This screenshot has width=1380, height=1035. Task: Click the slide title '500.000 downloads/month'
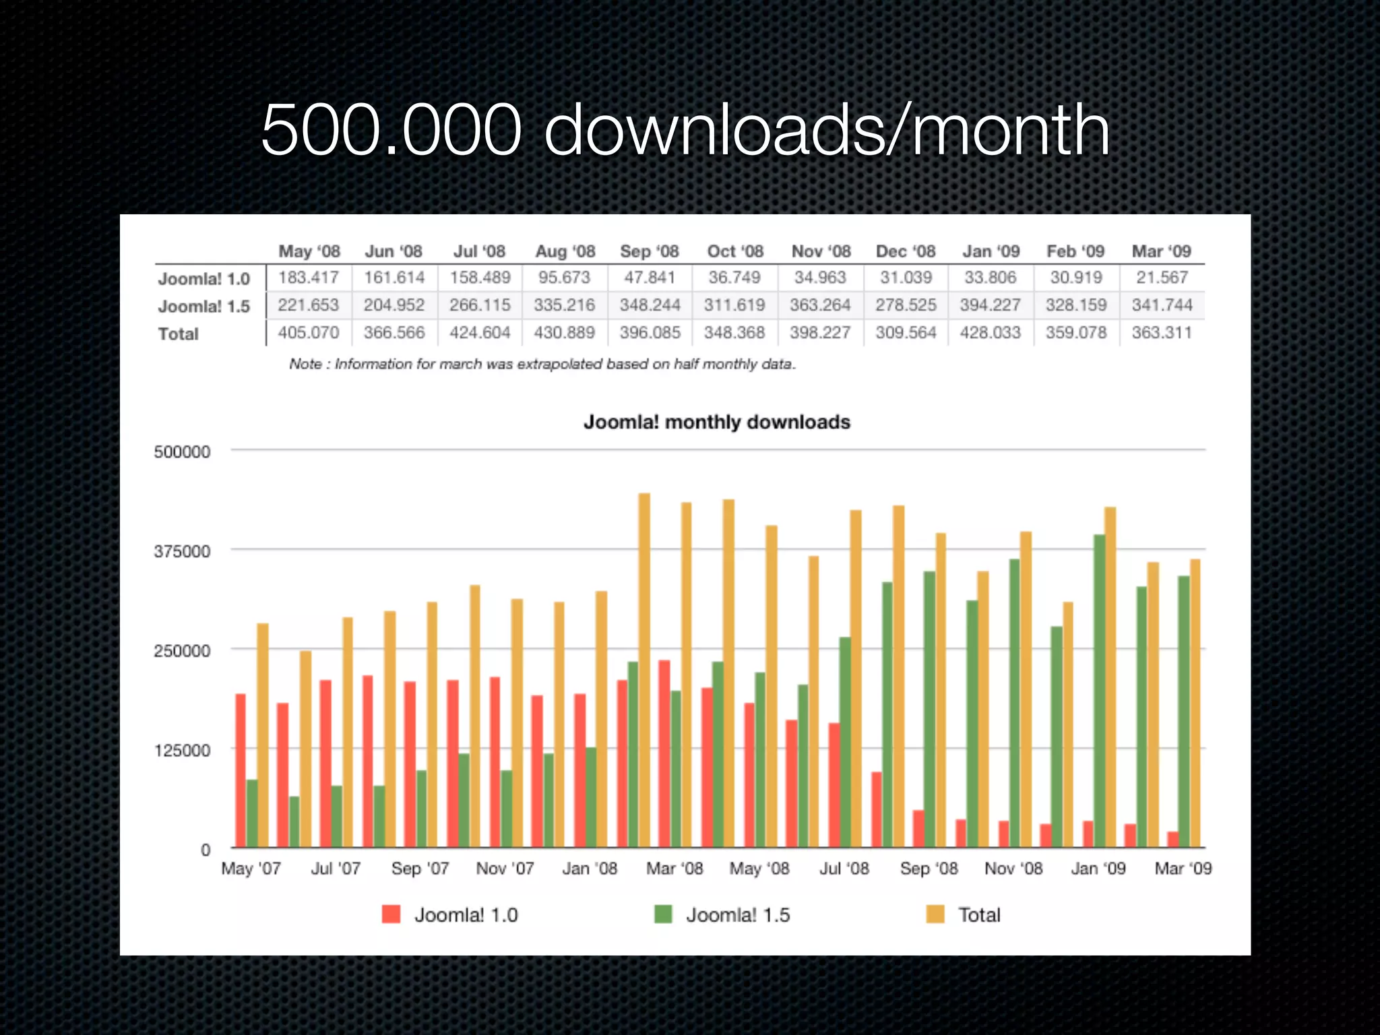pos(685,129)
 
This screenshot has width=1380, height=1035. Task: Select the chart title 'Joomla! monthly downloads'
pos(716,422)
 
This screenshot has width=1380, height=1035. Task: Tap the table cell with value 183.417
pos(309,278)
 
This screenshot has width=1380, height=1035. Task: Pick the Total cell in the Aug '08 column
pos(564,333)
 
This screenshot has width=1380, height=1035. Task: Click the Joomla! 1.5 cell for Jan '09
pos(990,305)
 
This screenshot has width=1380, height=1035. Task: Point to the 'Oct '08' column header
pos(734,251)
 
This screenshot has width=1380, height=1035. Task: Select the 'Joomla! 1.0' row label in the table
pos(203,279)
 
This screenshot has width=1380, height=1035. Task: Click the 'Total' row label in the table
pos(179,334)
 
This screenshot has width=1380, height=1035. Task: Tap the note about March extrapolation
pos(542,365)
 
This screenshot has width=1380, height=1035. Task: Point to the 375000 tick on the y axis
pos(182,551)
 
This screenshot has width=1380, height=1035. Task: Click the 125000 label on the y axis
pos(182,750)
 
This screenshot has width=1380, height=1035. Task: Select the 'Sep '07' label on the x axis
pos(420,869)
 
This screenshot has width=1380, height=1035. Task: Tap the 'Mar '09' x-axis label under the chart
pos(1183,869)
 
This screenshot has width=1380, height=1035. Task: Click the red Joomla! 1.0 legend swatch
pos(391,914)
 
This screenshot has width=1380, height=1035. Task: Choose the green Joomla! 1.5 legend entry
pos(722,915)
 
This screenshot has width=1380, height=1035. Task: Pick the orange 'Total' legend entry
pos(964,915)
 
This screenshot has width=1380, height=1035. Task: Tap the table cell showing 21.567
pos(1162,278)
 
